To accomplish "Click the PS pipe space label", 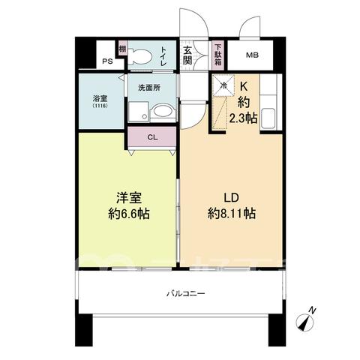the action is (107, 61).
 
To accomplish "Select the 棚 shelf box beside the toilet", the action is (122, 49).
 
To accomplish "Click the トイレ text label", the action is (163, 57).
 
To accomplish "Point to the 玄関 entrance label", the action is (187, 55).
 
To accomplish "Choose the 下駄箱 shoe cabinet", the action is (218, 55).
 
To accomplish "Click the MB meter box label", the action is (252, 55).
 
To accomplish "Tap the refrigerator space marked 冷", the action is (223, 85).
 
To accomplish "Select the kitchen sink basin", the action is (268, 118).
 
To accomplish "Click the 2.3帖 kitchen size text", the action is (243, 118).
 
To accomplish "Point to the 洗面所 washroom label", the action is (149, 88).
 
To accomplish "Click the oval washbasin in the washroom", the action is (163, 111).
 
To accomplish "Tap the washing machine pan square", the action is (139, 112).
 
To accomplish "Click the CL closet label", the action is (152, 137).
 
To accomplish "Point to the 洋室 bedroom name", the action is (129, 197).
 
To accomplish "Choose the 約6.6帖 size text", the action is (129, 214).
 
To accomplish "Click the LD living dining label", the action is (231, 198).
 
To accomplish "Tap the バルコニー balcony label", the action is (186, 293).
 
